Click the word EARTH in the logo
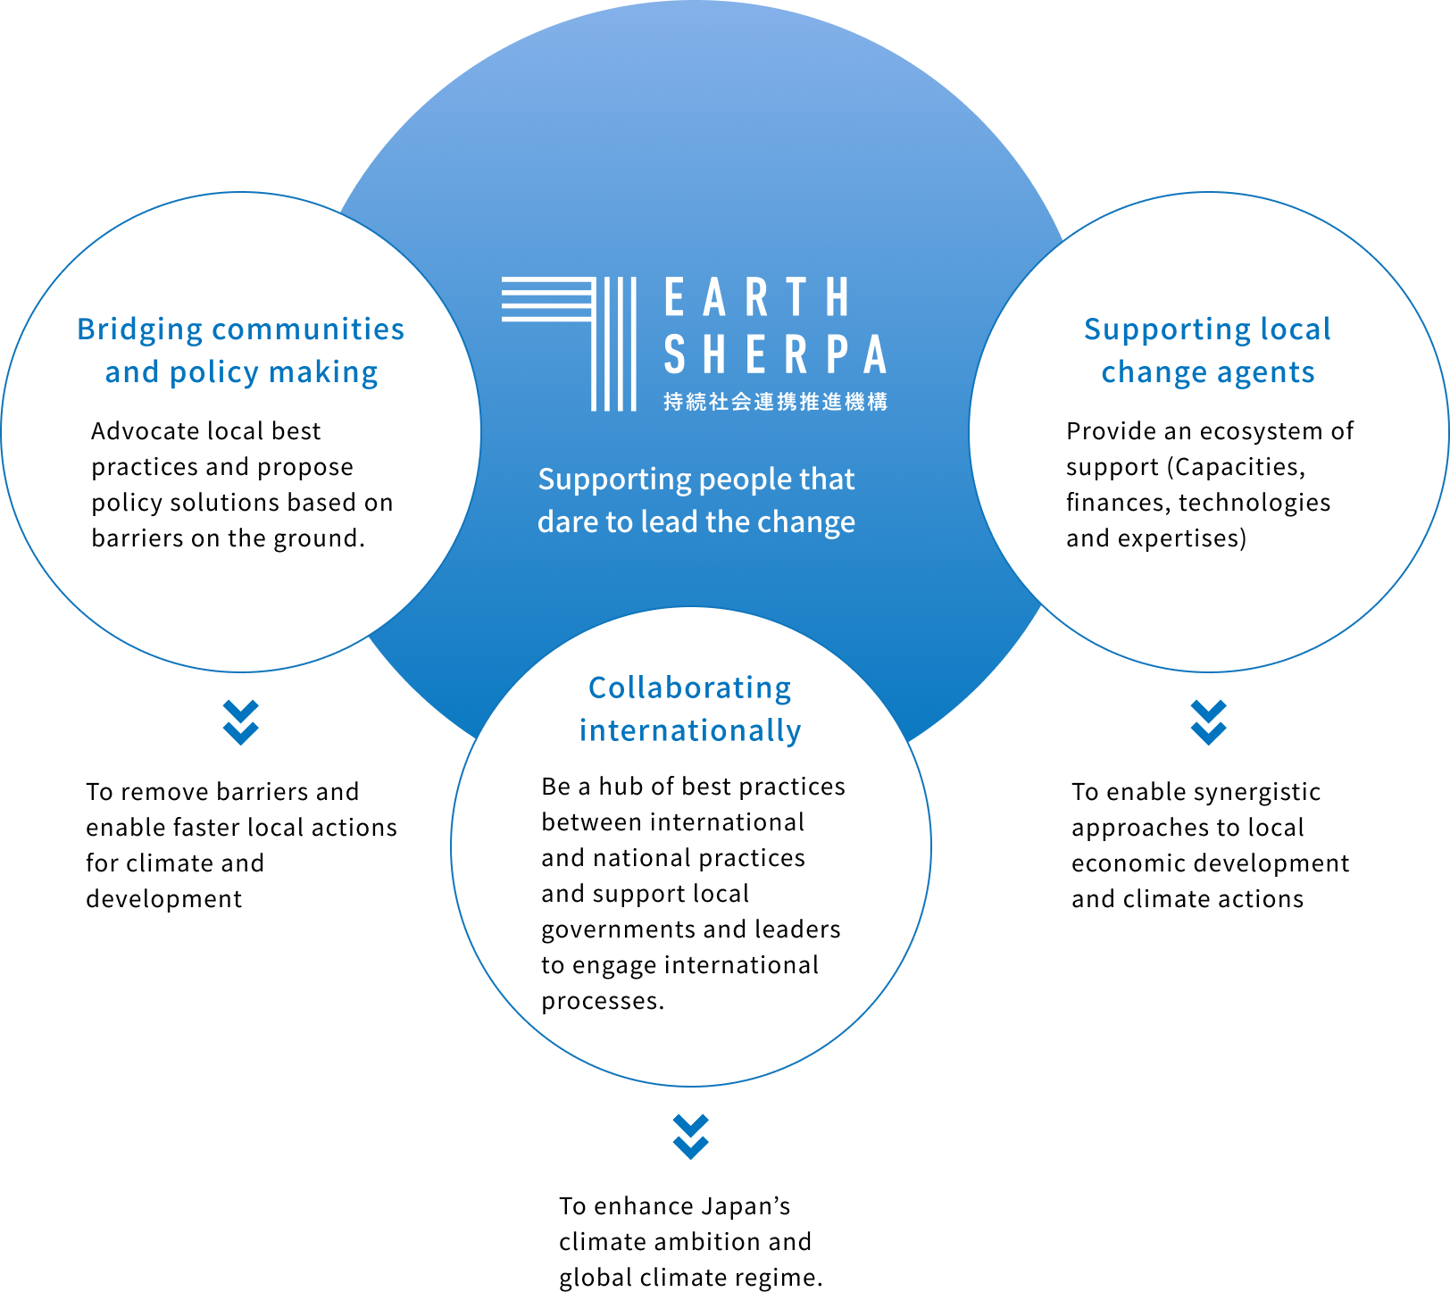coord(757,297)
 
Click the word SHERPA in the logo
coord(775,354)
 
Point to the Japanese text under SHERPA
coord(775,402)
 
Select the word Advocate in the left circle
coord(146,431)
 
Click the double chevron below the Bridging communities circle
coord(241,722)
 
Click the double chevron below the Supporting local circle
coord(1208,722)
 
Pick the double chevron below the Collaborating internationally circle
coord(691,1137)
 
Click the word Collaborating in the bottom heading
coord(689,688)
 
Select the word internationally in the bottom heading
coord(690,731)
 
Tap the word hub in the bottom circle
coord(621,787)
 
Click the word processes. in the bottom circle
coord(603,1002)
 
